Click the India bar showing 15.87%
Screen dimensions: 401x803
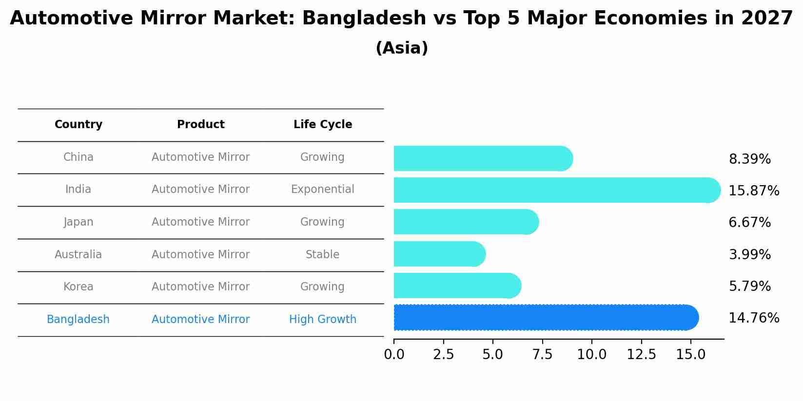(x=556, y=190)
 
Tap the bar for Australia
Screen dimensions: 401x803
(x=439, y=254)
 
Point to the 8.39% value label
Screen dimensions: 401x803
(x=749, y=159)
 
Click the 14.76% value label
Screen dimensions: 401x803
(x=753, y=318)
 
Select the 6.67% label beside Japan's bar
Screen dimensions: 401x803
(x=749, y=223)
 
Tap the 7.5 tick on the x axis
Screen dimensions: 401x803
(x=542, y=355)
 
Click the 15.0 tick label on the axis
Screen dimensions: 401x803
(x=690, y=355)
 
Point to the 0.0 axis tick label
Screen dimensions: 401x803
(x=394, y=355)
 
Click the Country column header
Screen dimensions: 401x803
(x=78, y=125)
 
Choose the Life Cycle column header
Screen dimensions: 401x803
(x=323, y=125)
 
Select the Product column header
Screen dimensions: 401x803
(x=200, y=125)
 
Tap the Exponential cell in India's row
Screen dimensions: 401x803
(x=323, y=190)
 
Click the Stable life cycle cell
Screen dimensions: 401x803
(x=323, y=254)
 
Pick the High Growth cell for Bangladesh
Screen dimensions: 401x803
(x=323, y=320)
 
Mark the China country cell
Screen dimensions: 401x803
(x=78, y=157)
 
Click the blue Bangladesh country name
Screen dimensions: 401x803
(x=78, y=320)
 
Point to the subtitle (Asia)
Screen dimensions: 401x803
(x=402, y=48)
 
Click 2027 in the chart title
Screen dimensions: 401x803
(x=767, y=19)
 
